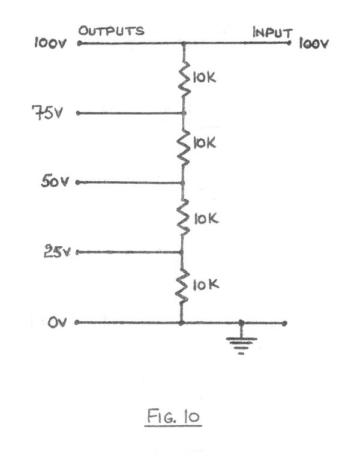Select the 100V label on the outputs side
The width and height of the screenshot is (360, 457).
50,44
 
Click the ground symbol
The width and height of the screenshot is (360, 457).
241,343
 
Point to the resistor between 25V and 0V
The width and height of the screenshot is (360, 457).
181,286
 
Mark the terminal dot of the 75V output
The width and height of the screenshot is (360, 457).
77,112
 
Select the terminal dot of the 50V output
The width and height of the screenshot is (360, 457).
78,182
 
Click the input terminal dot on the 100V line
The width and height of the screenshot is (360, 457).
290,43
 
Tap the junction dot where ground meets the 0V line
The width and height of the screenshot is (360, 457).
241,322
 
